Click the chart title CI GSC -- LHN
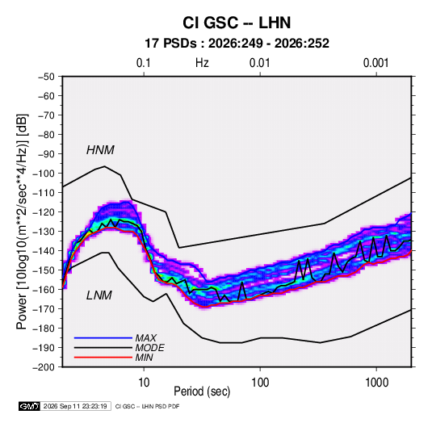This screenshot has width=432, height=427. (237, 23)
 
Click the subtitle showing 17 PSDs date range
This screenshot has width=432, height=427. (237, 44)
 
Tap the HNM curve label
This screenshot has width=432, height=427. (100, 150)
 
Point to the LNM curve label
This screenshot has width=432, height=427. (99, 295)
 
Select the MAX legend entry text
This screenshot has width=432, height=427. (146, 338)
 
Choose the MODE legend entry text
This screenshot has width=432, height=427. (150, 348)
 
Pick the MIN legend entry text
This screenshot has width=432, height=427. (144, 358)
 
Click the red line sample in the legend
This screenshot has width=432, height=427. (103, 358)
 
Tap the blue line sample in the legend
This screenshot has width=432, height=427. (103, 338)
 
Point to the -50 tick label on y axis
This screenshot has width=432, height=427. (46, 77)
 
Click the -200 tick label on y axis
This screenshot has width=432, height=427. (44, 367)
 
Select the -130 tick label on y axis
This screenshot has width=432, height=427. (44, 232)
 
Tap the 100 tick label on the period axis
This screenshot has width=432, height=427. (260, 383)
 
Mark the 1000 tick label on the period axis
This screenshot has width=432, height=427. (376, 383)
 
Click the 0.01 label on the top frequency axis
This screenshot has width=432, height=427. (259, 63)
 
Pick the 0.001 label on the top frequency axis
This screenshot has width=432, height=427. (375, 63)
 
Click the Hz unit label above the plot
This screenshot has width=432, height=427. (202, 63)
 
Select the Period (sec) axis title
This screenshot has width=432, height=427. (202, 391)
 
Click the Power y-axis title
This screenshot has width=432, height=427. (22, 222)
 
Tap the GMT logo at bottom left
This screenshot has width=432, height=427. (30, 406)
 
